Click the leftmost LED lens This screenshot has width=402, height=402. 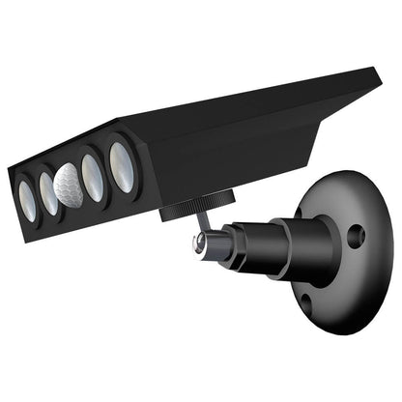coord(28,204)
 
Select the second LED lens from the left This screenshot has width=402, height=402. coord(47,192)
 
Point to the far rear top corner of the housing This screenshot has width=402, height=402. coord(373,72)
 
